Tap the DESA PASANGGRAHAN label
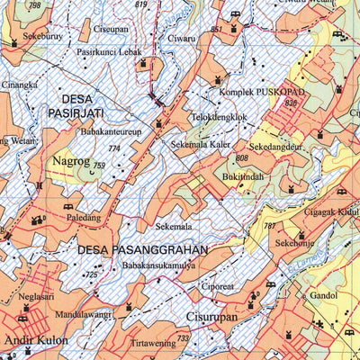click(142, 249)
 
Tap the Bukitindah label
click(244, 177)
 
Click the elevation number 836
click(290, 103)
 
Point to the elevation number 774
click(113, 148)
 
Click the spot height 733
click(183, 338)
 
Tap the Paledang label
click(83, 217)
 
